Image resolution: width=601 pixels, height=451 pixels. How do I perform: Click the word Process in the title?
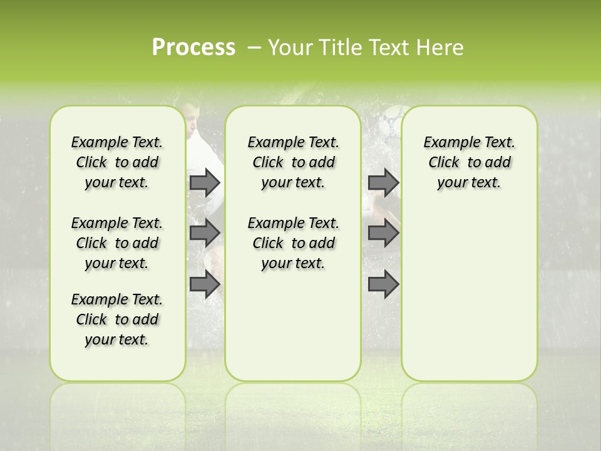click(x=193, y=48)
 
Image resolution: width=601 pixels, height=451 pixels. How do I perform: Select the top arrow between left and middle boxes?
click(x=204, y=182)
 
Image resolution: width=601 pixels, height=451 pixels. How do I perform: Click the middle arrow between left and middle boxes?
click(x=204, y=233)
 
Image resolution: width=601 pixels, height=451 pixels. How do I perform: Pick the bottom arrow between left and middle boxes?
click(x=204, y=284)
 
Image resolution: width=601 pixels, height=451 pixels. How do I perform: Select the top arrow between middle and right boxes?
click(x=383, y=182)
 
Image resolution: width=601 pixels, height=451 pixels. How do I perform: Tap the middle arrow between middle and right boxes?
click(x=383, y=233)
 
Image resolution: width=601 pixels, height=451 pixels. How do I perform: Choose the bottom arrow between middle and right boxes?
click(x=383, y=284)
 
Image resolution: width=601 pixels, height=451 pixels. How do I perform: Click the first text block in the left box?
click(x=117, y=162)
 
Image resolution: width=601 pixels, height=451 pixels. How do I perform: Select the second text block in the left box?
click(x=117, y=243)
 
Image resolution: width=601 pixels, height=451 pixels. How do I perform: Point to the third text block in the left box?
click(x=117, y=319)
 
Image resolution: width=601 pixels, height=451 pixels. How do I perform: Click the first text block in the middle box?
click(x=293, y=162)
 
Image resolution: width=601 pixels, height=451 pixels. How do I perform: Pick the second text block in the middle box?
click(x=293, y=243)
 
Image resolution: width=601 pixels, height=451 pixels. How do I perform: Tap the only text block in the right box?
click(x=469, y=162)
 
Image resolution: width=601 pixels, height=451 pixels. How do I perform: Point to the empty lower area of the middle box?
click(x=293, y=326)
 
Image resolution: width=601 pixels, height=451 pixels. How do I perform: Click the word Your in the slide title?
click(x=288, y=48)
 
